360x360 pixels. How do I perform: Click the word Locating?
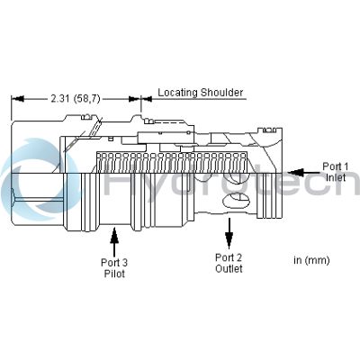point(178,93)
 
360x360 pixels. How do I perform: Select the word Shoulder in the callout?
point(222,92)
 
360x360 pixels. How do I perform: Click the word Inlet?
point(336,177)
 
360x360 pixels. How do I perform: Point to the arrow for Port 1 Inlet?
point(303,173)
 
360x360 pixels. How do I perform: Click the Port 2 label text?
point(229,257)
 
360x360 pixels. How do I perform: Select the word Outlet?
point(229,268)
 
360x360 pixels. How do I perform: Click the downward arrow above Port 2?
point(229,233)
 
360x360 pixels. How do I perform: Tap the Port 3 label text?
point(114,263)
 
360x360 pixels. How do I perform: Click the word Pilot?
point(114,274)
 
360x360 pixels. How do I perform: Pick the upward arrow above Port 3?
point(114,243)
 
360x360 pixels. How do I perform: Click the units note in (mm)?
point(311,260)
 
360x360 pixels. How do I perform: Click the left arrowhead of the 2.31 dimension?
point(18,99)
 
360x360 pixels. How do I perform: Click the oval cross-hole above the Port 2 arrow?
point(236,199)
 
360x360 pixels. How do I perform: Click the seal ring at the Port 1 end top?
point(269,130)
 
